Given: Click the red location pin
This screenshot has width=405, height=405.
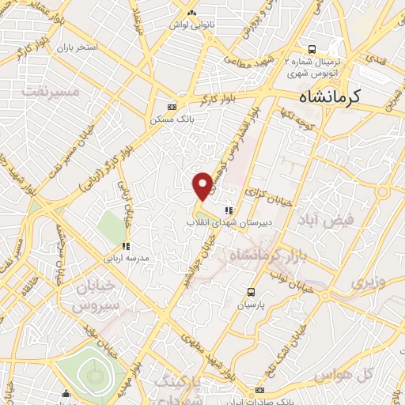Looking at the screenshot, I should [203, 186].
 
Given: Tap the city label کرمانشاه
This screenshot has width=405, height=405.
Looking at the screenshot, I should [329, 97].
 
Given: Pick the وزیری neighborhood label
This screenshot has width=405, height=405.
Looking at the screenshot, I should [368, 282].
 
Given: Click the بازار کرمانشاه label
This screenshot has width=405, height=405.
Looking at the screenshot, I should [266, 255].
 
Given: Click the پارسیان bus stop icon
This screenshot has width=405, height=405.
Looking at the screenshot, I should [251, 291].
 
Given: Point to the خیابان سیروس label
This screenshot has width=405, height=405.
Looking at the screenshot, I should [94, 293].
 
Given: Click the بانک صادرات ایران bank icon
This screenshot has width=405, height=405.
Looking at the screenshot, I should [260, 391].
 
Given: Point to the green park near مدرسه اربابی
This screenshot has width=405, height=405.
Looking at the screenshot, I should [112, 227].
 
